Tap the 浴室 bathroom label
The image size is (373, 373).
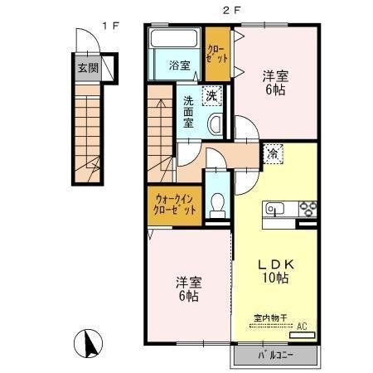click(x=179, y=65)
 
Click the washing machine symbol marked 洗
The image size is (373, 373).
click(x=213, y=95)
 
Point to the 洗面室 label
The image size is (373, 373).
click(x=189, y=113)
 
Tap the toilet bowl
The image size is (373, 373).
click(x=218, y=203)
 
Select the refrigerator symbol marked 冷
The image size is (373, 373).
click(x=274, y=153)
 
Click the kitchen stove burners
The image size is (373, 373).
click(x=308, y=208)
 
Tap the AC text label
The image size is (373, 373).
click(x=301, y=327)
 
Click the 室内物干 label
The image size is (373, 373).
click(x=270, y=318)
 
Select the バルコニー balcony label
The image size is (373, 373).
click(x=274, y=356)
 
